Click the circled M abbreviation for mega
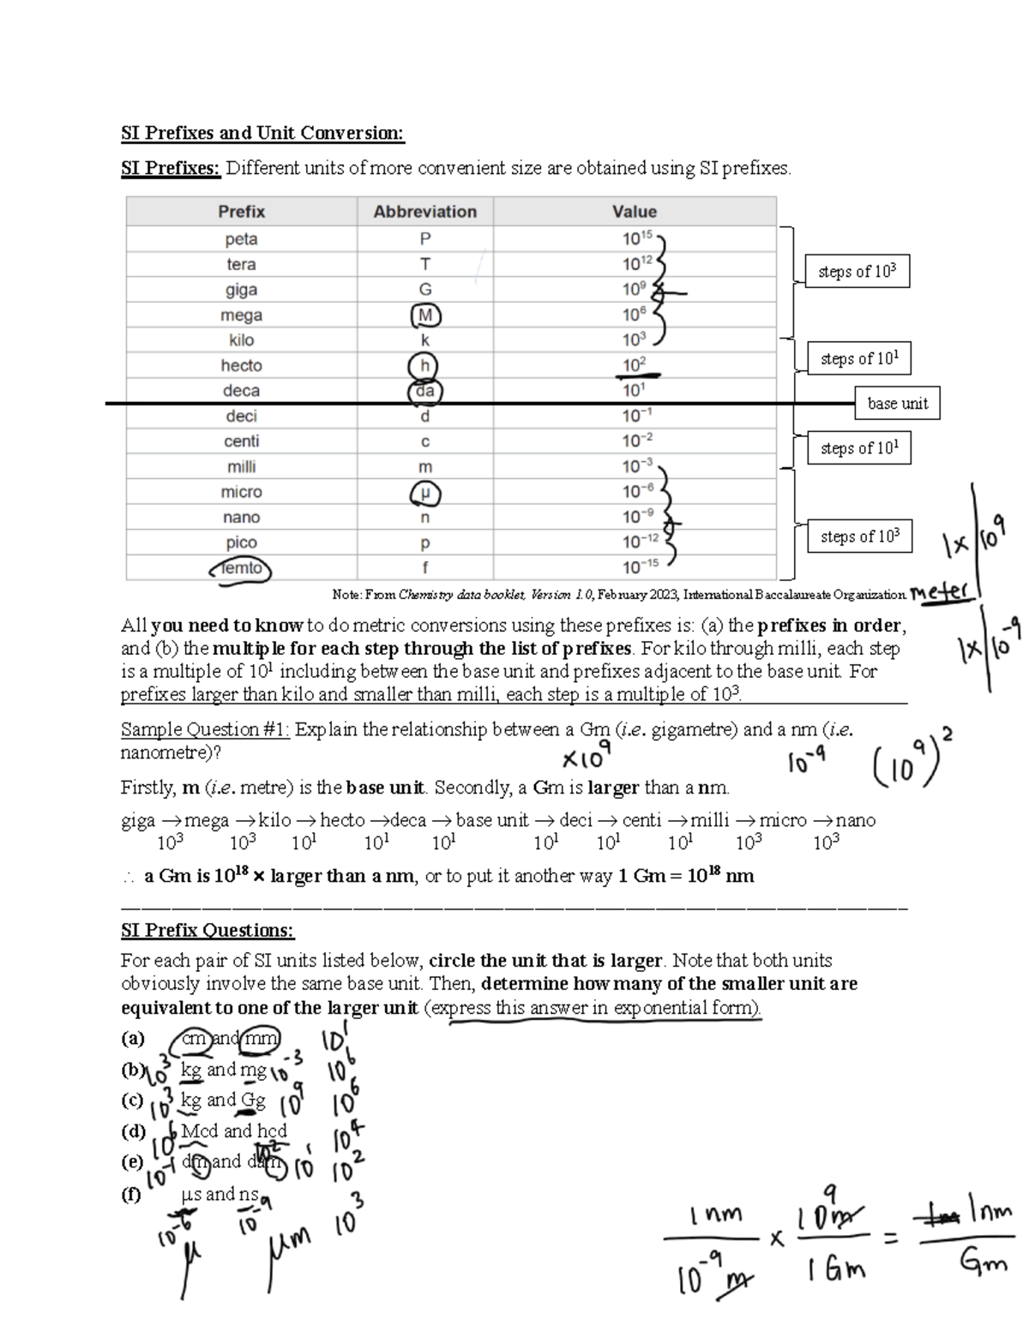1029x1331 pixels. click(x=425, y=315)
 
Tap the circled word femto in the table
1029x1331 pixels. click(x=241, y=568)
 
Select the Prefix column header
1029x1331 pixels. click(x=241, y=212)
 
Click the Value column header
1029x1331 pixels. click(x=634, y=212)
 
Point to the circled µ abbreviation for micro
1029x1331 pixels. click(x=425, y=493)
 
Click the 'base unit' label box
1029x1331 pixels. click(x=897, y=403)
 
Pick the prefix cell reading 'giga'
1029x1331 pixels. click(x=241, y=290)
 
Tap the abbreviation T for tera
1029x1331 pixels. click(x=425, y=264)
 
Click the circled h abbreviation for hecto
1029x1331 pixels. click(x=424, y=366)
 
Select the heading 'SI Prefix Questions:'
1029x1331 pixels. click(x=208, y=930)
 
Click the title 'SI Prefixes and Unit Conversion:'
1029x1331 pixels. click(x=262, y=133)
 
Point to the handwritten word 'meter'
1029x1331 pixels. click(x=941, y=591)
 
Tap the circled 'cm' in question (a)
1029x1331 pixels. click(x=195, y=1038)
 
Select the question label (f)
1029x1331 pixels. click(x=132, y=1193)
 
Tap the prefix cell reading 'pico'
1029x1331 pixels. click(x=241, y=543)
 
